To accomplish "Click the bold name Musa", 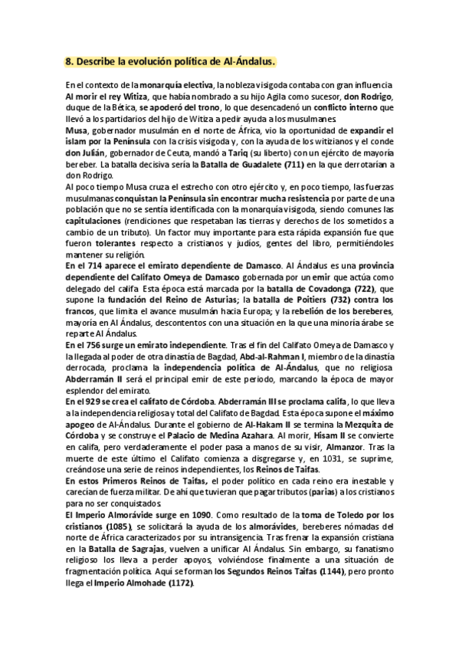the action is point(76,130).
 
